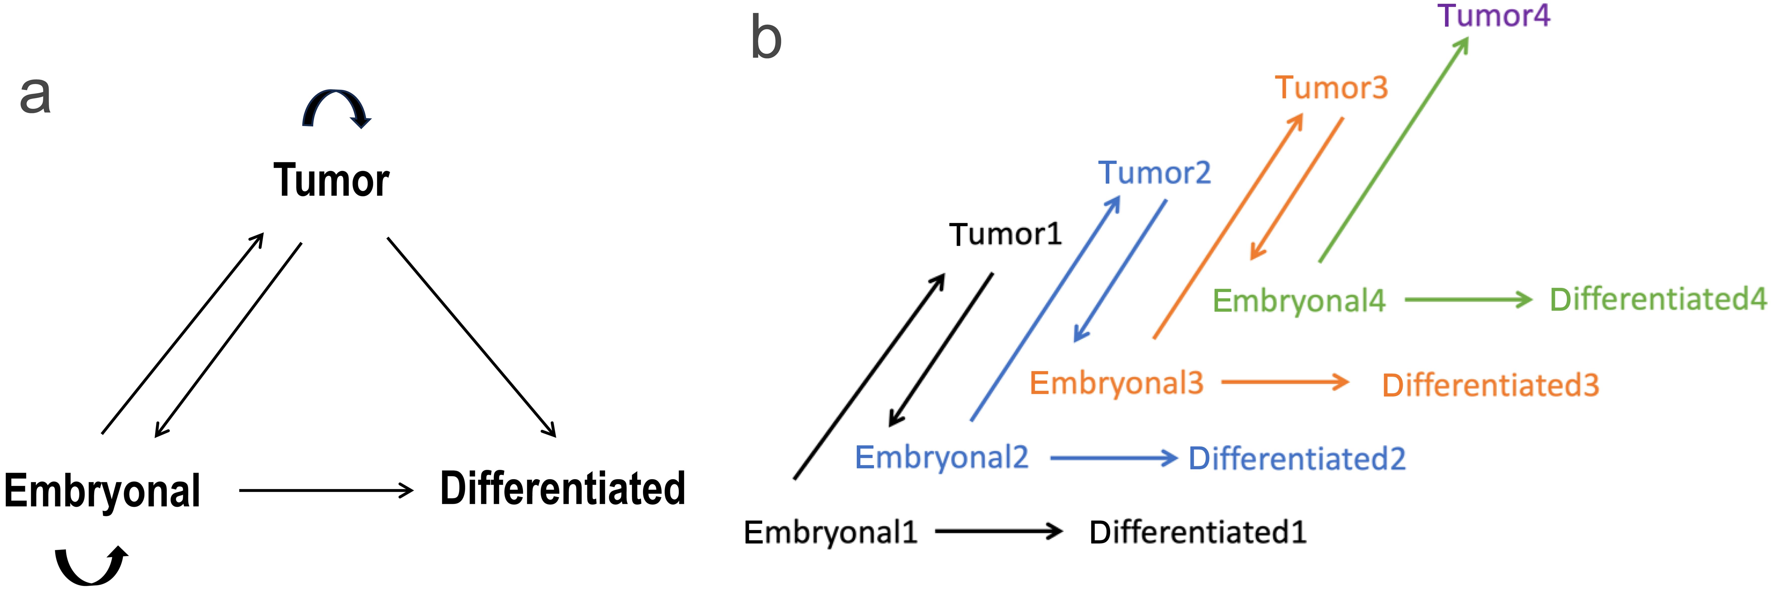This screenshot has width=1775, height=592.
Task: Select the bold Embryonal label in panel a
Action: tap(102, 491)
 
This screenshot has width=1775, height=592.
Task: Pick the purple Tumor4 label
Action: tap(1493, 16)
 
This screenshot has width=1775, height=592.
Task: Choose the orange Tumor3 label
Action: tap(1330, 88)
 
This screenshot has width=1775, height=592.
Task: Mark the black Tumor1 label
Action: tap(1005, 234)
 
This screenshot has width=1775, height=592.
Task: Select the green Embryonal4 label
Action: tap(1298, 301)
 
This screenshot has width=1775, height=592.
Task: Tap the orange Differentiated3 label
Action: tap(1490, 385)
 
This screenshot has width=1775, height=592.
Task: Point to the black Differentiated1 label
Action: tap(1198, 532)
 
